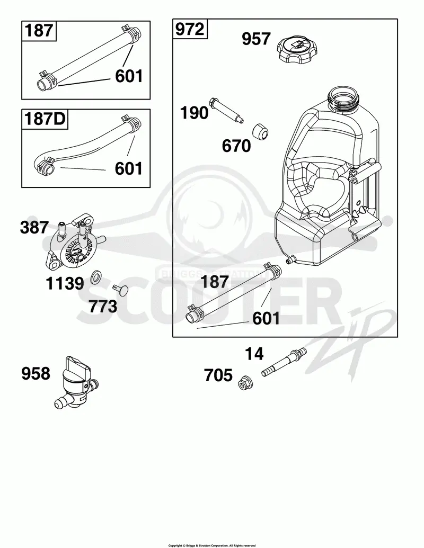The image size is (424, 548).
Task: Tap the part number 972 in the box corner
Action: pos(190,29)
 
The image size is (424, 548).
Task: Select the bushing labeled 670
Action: pos(260,131)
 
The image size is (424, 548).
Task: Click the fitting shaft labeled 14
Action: pos(285,362)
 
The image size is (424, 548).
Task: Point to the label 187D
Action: pos(45,119)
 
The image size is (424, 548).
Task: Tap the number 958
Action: pos(36,374)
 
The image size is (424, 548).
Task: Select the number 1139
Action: pos(65,283)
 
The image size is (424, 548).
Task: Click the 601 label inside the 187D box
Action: pos(129,168)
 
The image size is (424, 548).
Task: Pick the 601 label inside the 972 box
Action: pos(266,318)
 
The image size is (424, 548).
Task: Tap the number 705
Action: pos(218,376)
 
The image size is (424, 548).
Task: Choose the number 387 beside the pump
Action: pos(34,228)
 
